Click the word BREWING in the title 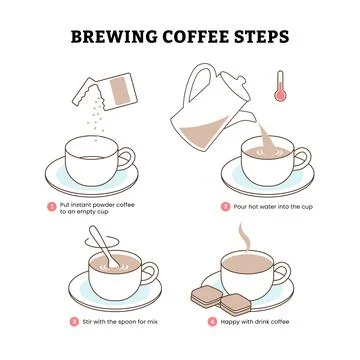click(114, 37)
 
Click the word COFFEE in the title click(197, 37)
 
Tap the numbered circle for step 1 click(51, 205)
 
